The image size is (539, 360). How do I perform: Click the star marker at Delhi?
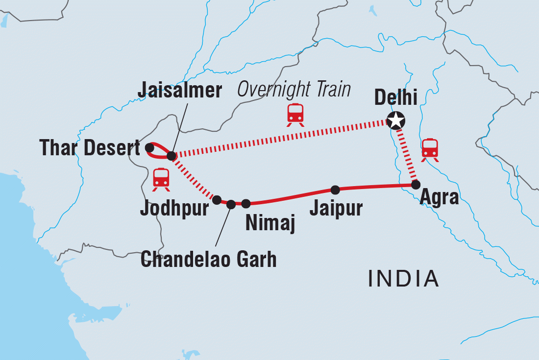pos(396,120)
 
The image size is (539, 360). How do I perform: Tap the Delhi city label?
pos(395,98)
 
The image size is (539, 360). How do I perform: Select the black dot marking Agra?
pos(416,185)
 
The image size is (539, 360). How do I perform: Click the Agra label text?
pos(439,197)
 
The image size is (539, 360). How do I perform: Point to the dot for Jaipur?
pos(335,190)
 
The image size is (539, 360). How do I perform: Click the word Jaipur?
pos(336,208)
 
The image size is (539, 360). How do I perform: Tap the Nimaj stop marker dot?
pos(246,203)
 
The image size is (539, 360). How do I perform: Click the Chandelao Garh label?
pos(208,259)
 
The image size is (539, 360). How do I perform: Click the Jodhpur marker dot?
pos(217,200)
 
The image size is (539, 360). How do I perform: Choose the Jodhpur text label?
pos(174,208)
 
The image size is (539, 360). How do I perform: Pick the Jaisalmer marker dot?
pos(171,156)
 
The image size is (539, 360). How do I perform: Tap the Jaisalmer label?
pos(179,91)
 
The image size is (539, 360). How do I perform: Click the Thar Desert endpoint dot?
pos(150,146)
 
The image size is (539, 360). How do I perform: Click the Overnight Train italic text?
pos(294,90)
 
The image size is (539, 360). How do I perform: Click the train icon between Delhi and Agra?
pos(430,149)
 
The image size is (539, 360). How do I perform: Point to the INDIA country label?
pos(403,279)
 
